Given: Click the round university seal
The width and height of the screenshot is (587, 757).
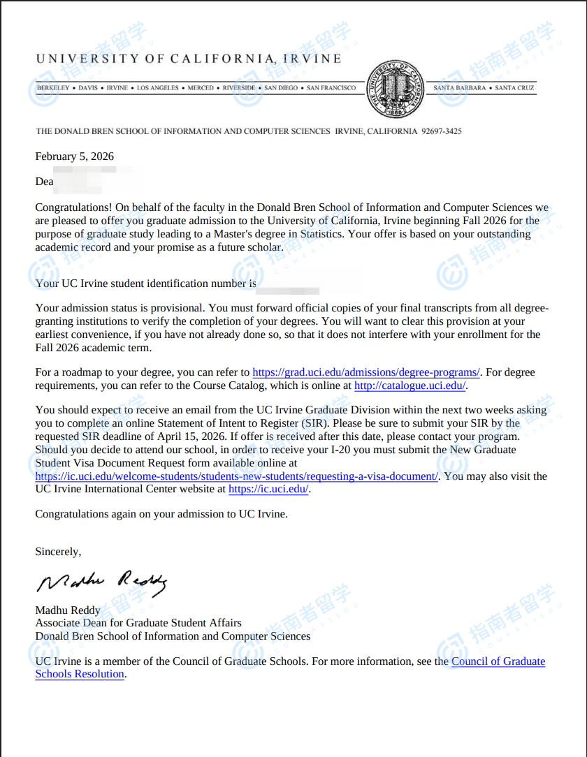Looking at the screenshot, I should pos(395,89).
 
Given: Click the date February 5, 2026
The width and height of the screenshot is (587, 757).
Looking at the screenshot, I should pos(75,156).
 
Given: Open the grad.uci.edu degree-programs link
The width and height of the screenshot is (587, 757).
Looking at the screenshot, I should pos(365,372).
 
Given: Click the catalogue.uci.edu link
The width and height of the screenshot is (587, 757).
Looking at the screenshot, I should pos(410,385).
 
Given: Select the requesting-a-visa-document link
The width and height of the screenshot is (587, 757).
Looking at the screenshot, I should pos(237,476).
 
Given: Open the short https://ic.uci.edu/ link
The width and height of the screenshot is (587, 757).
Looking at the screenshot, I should pos(268,490).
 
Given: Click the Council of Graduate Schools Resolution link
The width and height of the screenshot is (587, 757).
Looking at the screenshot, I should pos(498,661).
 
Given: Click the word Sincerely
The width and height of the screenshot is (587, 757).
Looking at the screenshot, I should pos(58,552).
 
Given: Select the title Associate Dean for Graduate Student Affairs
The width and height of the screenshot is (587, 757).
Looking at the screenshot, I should pos(138,623).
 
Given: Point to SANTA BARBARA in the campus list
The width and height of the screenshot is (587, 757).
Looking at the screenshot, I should pos(461,88).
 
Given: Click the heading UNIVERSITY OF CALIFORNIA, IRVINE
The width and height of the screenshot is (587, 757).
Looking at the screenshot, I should pos(189,59).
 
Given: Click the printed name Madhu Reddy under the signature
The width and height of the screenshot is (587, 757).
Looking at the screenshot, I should pos(68,610).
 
